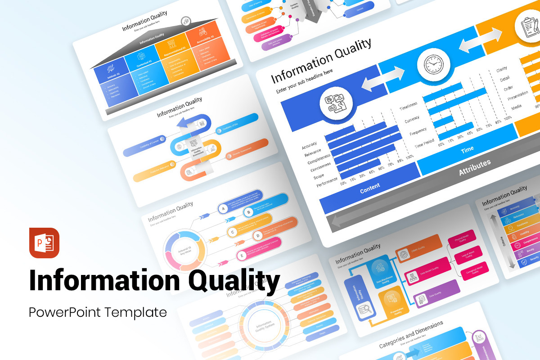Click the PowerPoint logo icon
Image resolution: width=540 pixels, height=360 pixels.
point(44,243)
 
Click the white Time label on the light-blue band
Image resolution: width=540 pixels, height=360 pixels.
point(467,150)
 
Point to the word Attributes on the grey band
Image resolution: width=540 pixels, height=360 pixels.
point(474,167)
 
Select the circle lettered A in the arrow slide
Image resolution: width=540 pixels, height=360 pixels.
point(222,208)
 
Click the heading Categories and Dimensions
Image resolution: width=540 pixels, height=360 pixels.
point(411,334)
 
